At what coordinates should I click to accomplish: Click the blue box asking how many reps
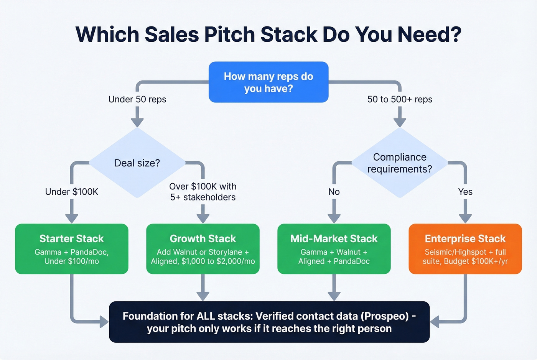point(268,82)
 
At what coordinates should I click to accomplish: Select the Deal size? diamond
point(137,163)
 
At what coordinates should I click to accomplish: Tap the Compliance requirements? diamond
point(400,163)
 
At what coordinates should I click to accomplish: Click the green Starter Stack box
point(72,249)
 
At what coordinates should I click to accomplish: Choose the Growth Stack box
point(203,249)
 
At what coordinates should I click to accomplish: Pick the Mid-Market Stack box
point(334,249)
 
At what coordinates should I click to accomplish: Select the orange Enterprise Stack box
point(465,249)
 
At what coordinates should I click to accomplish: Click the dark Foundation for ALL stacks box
point(269,322)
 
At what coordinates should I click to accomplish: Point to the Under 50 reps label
point(137,99)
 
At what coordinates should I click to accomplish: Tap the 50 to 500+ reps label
point(400,99)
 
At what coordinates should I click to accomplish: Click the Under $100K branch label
point(72,192)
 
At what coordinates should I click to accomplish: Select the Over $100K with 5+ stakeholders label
point(203,192)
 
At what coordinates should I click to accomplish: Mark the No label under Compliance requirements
point(334,192)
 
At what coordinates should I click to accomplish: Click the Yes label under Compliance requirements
point(465,192)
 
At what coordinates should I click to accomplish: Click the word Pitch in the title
point(232,35)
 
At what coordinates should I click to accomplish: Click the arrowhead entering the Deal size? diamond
point(137,122)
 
